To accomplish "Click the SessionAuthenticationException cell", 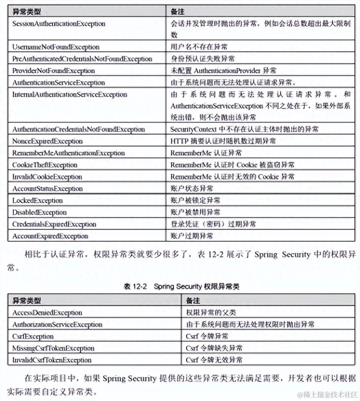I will (x=59, y=24).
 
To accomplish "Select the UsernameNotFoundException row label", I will (x=56, y=47).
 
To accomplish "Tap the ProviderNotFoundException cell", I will (x=54, y=71).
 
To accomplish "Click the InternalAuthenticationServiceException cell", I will (x=70, y=94).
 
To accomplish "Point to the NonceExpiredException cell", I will (x=48, y=141).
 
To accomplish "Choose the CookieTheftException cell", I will (x=45, y=165).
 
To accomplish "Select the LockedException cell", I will (x=37, y=200).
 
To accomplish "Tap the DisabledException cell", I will (x=40, y=212).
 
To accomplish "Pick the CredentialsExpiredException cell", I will (x=54, y=224).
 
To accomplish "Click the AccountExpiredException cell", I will (x=50, y=236).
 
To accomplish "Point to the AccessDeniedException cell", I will (x=47, y=313).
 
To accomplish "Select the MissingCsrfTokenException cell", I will (x=53, y=348).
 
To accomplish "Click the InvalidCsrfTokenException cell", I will (x=52, y=360).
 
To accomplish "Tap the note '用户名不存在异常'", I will (x=199, y=47).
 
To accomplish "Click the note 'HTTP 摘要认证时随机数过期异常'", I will (x=223, y=141).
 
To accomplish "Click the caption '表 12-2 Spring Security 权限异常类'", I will (x=182, y=287).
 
